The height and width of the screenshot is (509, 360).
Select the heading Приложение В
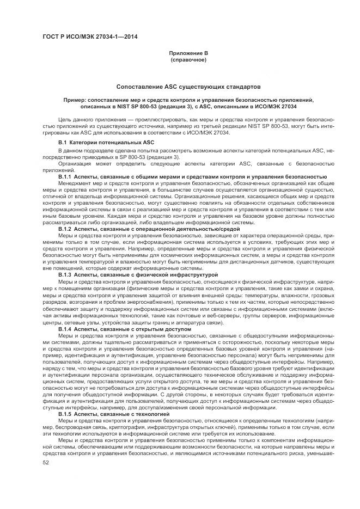coord(188,53)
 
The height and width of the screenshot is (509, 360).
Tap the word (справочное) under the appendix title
coord(188,59)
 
